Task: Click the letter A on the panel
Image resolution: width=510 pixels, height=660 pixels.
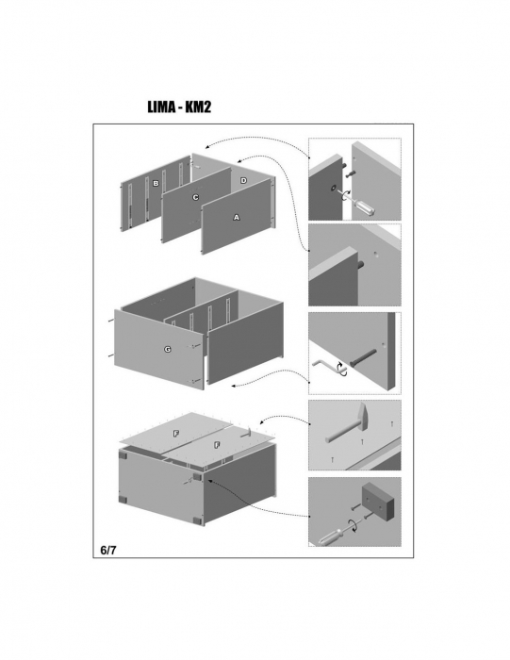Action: click(237, 217)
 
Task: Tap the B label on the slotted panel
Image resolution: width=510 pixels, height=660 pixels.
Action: click(156, 184)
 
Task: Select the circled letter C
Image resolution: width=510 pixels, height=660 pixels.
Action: click(195, 197)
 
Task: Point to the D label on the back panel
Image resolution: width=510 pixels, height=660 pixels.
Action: click(243, 181)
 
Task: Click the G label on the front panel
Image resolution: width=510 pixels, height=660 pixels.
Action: click(168, 350)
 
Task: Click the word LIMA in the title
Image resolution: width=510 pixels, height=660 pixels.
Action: click(161, 107)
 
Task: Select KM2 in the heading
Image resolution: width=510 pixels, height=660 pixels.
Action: click(198, 107)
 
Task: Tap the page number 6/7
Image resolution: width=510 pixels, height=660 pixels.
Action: click(108, 550)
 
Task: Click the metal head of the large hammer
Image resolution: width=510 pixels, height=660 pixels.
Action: click(363, 416)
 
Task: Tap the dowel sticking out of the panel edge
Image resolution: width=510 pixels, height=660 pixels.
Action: click(361, 266)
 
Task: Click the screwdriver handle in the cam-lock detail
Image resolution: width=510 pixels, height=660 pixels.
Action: click(367, 207)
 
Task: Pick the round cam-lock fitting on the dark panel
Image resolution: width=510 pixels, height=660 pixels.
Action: click(334, 188)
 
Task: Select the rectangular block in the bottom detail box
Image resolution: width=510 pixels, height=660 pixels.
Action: click(377, 502)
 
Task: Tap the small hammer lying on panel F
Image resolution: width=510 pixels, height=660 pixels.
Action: click(245, 433)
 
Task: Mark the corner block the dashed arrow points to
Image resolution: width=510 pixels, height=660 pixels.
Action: click(196, 477)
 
